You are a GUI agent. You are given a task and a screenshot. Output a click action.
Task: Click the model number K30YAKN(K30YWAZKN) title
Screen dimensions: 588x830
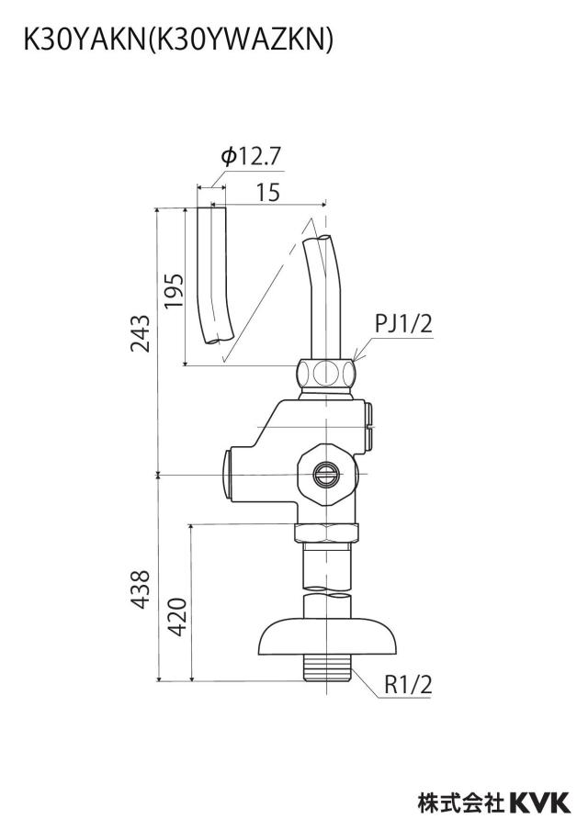coord(178,39)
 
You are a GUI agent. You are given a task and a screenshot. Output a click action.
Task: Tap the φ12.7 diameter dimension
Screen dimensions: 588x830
coord(251,157)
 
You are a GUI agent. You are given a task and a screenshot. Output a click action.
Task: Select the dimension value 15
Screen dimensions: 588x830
coord(268,193)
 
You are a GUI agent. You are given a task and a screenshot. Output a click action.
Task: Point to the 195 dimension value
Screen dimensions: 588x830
coord(174,291)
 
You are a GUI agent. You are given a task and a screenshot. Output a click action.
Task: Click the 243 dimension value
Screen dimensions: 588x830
coord(141,333)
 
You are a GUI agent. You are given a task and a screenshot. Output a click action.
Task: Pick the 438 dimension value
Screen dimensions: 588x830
coord(141,589)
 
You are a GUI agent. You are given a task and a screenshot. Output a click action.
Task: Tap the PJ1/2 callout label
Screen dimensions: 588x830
coord(403,323)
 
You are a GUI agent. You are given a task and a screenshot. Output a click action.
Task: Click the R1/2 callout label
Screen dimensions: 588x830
coord(408,685)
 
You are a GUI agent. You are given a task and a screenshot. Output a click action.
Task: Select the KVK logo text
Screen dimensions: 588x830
coord(540,802)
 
